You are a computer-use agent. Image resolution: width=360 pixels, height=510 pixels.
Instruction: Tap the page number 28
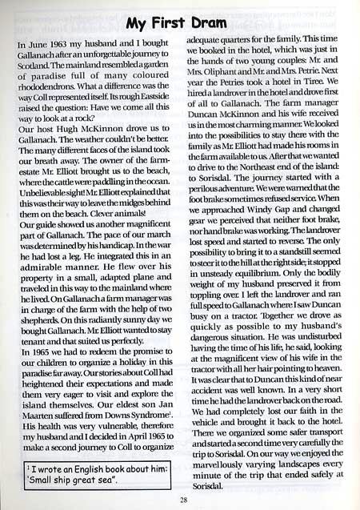pos(181,499)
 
